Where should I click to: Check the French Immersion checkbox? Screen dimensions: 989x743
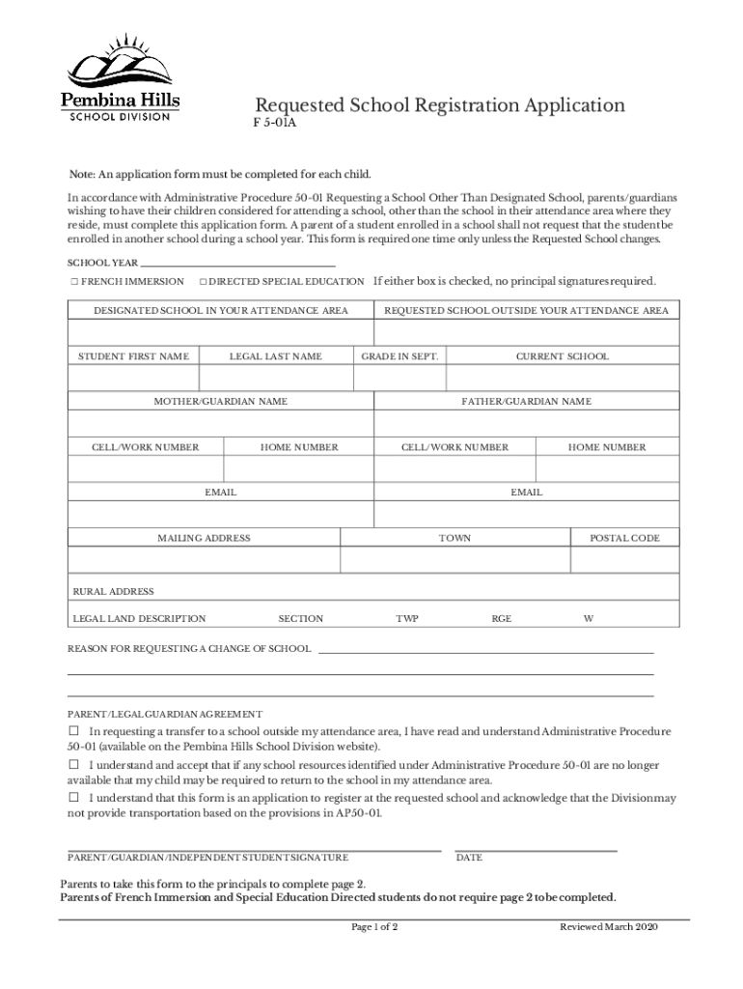click(x=73, y=282)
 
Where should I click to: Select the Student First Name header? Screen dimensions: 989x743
click(x=133, y=356)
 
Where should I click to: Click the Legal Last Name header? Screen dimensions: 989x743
click(x=275, y=356)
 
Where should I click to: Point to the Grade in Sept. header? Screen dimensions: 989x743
click(x=399, y=356)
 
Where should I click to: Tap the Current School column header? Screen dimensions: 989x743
click(x=562, y=356)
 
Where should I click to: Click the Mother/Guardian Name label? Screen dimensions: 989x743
click(x=221, y=401)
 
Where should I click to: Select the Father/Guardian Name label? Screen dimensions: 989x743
click(x=526, y=401)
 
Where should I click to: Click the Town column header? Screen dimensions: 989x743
click(x=454, y=538)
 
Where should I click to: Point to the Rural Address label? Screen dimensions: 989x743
click(x=113, y=591)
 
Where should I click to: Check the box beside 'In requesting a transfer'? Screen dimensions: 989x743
click(x=73, y=731)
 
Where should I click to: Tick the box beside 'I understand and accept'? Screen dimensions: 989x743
click(x=73, y=764)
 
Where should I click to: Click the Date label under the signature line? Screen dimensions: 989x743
click(x=469, y=858)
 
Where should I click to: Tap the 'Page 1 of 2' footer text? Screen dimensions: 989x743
click(x=373, y=927)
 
